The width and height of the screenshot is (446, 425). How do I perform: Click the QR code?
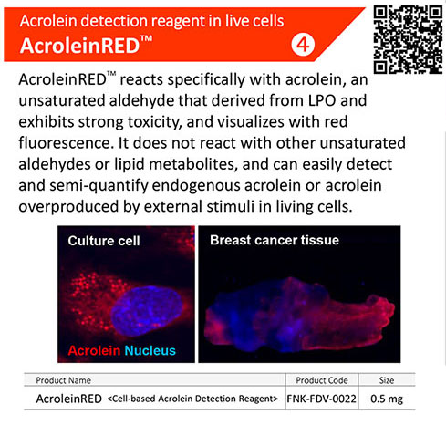[x=408, y=40]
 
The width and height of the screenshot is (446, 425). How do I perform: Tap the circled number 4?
[x=303, y=46]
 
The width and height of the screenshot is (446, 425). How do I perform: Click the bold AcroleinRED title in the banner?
[x=86, y=45]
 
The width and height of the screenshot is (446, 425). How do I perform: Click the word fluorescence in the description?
[x=67, y=143]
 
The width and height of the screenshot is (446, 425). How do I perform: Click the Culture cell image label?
[x=104, y=241]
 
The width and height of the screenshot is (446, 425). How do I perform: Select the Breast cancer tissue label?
[x=275, y=240]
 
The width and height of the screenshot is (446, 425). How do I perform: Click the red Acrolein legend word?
[x=94, y=350]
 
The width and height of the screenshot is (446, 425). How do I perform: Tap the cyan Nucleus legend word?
[x=150, y=350]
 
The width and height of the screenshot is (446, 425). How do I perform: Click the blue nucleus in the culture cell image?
[x=147, y=311]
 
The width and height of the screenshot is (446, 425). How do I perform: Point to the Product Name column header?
[x=64, y=380]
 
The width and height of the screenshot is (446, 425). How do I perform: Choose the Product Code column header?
[x=322, y=380]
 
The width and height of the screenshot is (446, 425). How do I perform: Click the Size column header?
[x=387, y=380]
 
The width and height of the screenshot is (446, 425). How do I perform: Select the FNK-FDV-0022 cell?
[x=322, y=399]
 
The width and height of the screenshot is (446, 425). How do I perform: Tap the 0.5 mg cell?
[x=387, y=399]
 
